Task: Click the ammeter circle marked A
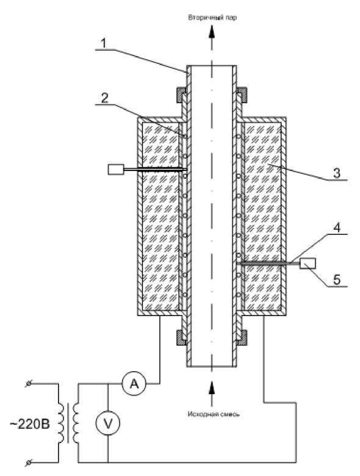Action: tap(134, 383)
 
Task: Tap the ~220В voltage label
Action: tap(29, 424)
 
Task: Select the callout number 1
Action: tap(104, 43)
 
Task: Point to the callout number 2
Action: tap(104, 98)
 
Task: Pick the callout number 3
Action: tap(337, 173)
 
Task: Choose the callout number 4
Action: tap(337, 228)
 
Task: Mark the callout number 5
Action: tap(337, 279)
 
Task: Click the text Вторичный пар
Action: tap(212, 17)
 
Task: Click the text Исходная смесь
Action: tap(213, 414)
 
